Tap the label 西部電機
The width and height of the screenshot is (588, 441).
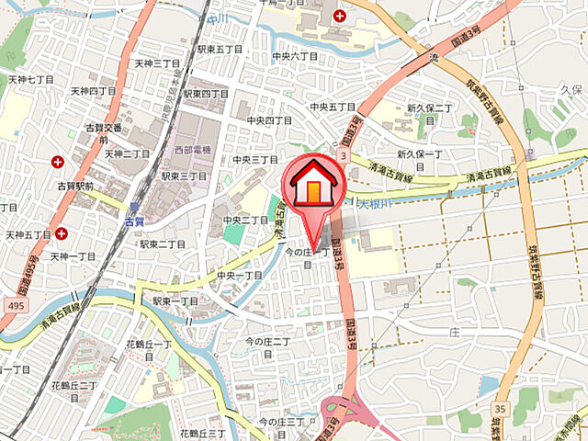(193, 149)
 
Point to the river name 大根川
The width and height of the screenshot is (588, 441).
(376, 203)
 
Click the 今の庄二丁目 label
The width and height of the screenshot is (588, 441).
(267, 342)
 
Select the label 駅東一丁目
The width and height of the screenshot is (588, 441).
(175, 300)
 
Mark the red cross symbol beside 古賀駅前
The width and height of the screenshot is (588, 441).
(58, 162)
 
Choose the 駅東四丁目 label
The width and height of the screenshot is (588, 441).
(206, 94)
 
